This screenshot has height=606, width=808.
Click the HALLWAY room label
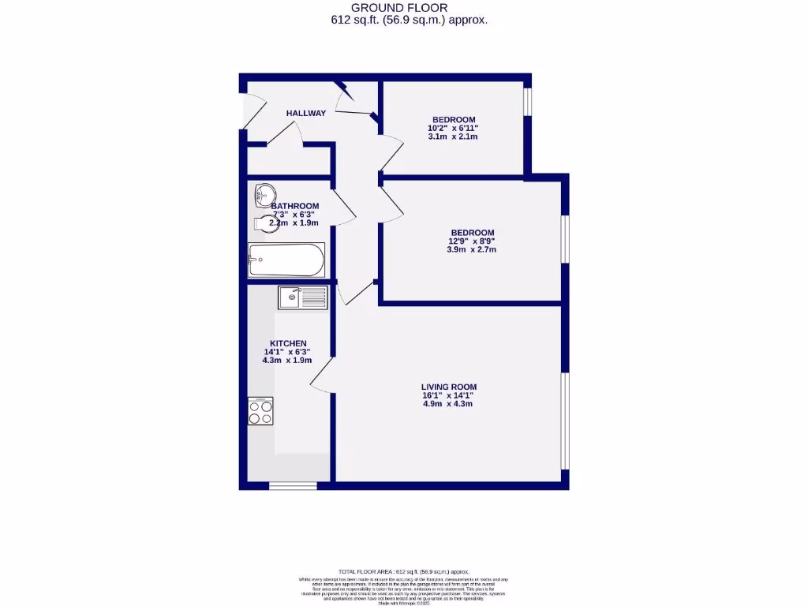305,113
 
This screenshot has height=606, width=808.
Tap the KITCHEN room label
288,343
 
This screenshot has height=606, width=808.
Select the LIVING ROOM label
448,387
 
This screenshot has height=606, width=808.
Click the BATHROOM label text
294,206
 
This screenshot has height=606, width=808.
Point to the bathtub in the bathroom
286,260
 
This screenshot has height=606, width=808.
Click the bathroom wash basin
264,193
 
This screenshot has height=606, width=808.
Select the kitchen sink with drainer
302,297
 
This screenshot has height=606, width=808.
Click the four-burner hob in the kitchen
260,410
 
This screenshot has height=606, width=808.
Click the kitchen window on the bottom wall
292,486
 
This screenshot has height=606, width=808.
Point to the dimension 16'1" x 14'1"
448,395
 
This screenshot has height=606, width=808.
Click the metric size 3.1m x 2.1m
453,137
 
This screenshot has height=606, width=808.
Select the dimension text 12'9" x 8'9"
472,241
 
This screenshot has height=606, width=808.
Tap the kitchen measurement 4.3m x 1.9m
287,361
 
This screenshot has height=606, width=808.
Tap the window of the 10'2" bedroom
528,103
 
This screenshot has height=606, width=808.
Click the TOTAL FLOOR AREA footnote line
403,571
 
